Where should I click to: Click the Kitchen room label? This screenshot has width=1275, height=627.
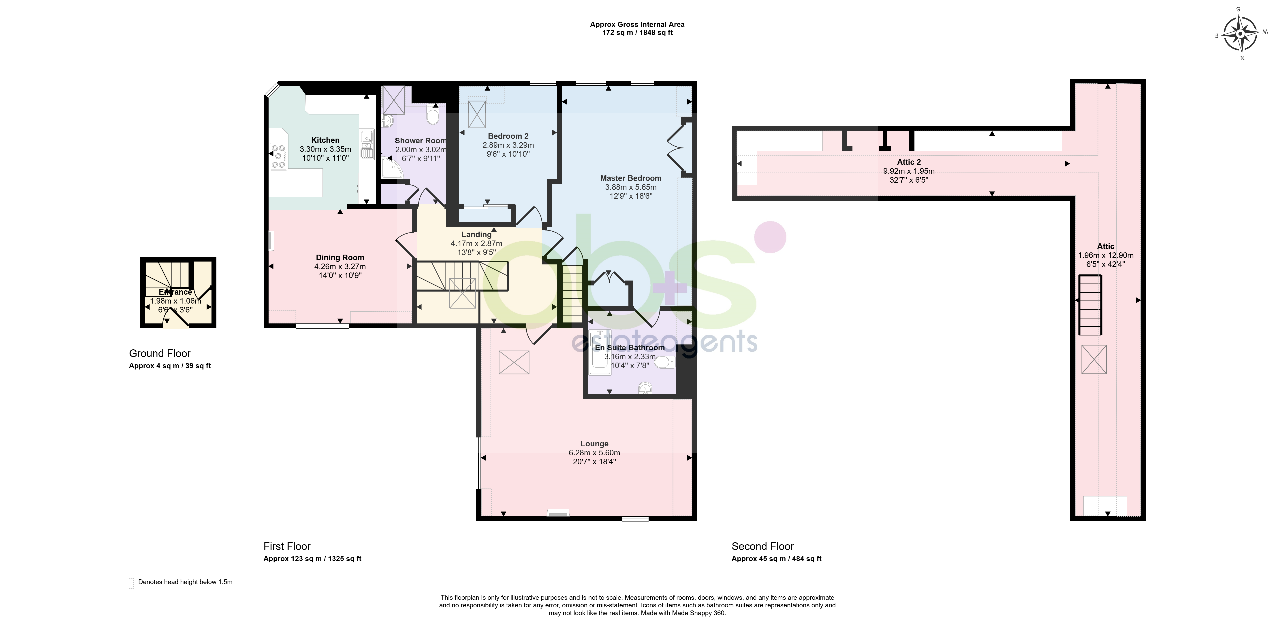pyautogui.click(x=325, y=140)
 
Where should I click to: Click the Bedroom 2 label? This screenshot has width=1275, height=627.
pyautogui.click(x=508, y=136)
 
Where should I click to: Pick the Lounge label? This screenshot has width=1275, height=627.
pyautogui.click(x=594, y=444)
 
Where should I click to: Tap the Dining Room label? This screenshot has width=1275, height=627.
pyautogui.click(x=340, y=258)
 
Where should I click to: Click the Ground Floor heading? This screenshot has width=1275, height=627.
pyautogui.click(x=160, y=354)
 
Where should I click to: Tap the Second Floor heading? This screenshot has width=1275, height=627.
pyautogui.click(x=763, y=546)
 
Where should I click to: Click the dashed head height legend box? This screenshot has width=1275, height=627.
pyautogui.click(x=131, y=583)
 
